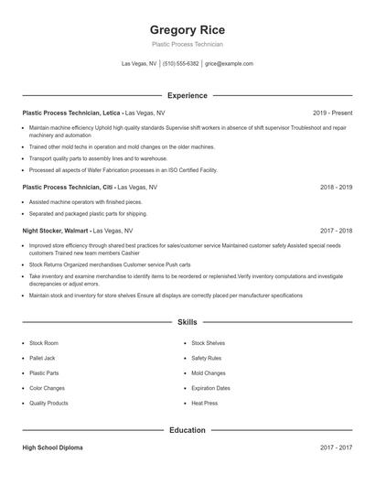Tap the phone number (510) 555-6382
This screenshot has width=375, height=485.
point(181,64)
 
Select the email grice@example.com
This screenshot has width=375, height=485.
point(229,64)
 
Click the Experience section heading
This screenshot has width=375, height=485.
point(187,95)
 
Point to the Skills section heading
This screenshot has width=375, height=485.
point(187,322)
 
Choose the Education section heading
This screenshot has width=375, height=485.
point(187,429)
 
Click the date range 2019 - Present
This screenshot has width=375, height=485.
point(331,113)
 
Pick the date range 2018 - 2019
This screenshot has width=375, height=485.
point(336,187)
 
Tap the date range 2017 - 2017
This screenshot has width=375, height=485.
point(336,447)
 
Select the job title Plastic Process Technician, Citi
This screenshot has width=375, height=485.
point(70,187)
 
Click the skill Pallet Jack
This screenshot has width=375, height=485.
point(43,358)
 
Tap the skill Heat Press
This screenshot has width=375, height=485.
point(204,403)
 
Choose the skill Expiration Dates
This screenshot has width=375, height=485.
point(210,388)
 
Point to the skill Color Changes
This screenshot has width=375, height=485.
point(47,388)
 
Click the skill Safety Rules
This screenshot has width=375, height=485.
point(206,358)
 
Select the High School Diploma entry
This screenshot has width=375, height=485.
point(52,447)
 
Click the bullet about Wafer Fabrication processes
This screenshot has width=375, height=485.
point(123,169)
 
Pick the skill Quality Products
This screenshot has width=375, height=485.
point(48,403)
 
